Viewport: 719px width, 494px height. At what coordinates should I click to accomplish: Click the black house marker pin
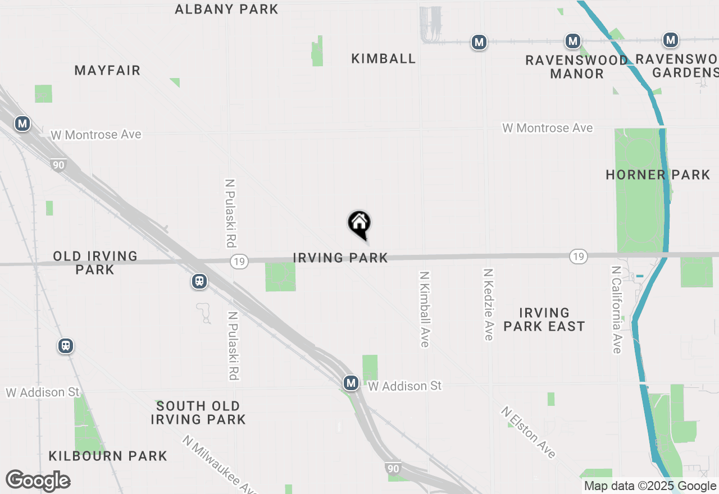pos(359,224)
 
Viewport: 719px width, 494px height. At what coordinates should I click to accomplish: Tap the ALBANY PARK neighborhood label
pos(226,9)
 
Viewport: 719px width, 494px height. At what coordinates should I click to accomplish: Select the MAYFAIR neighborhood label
pos(107,70)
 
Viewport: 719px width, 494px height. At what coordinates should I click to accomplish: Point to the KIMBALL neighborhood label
pos(384,58)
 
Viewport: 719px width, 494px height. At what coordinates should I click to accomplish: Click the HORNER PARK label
pos(658,175)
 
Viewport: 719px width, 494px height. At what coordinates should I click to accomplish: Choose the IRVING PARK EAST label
pos(544,319)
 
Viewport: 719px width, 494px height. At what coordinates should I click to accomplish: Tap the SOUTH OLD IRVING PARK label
pos(198,413)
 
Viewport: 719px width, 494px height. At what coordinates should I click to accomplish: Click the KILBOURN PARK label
pos(108,456)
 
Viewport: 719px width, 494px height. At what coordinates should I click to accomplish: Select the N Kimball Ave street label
pos(425,309)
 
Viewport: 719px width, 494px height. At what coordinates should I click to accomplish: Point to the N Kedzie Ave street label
pos(489,304)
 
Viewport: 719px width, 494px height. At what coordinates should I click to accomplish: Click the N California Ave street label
pos(617,309)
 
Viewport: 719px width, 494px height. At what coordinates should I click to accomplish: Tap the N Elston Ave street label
pos(529,432)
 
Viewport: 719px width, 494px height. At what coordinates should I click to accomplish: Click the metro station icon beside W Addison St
pos(351,383)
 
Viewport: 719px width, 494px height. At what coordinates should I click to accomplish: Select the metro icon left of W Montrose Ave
pos(22,124)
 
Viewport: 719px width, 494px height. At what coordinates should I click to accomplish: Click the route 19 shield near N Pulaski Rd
pos(239,262)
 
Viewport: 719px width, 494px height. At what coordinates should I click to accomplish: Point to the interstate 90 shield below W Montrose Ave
pos(58,164)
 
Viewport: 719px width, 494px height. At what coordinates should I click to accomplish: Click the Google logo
pos(38,481)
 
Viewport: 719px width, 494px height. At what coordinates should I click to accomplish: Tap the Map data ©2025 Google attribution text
pos(650,486)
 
